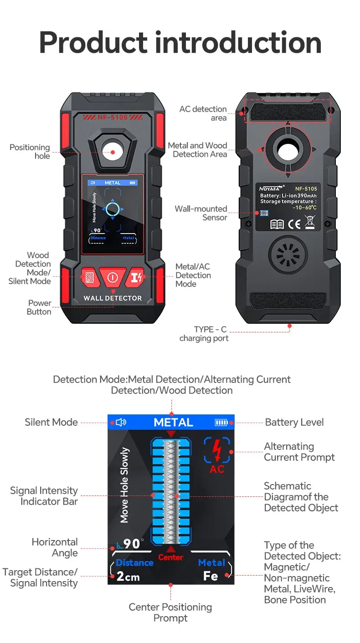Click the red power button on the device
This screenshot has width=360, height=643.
(x=112, y=277)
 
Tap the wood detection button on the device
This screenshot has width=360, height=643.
(x=89, y=277)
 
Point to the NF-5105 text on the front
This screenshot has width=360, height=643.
(x=113, y=117)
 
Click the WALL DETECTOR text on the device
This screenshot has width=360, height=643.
(x=113, y=298)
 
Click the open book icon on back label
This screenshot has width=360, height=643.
(x=277, y=224)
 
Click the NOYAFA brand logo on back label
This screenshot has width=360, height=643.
(x=272, y=188)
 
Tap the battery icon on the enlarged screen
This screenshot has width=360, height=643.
(x=221, y=423)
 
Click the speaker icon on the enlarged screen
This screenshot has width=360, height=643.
(x=121, y=423)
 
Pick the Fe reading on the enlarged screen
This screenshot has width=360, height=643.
(x=211, y=576)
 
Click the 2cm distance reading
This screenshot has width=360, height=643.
(x=128, y=577)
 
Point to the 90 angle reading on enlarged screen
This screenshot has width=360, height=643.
(x=131, y=544)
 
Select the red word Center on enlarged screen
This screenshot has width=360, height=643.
(x=170, y=557)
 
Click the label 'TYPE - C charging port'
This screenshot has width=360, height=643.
(x=204, y=334)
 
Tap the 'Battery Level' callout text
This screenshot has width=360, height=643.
(x=294, y=422)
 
